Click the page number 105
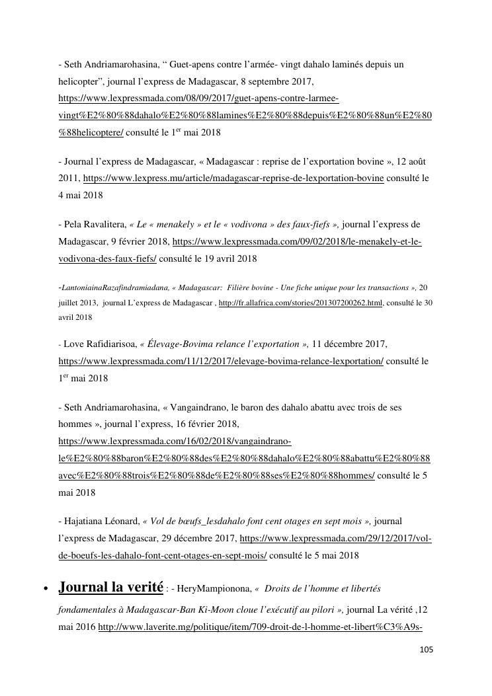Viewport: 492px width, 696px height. (x=426, y=650)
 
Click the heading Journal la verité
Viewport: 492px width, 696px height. (x=111, y=587)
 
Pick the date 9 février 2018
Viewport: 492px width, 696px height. (x=134, y=242)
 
